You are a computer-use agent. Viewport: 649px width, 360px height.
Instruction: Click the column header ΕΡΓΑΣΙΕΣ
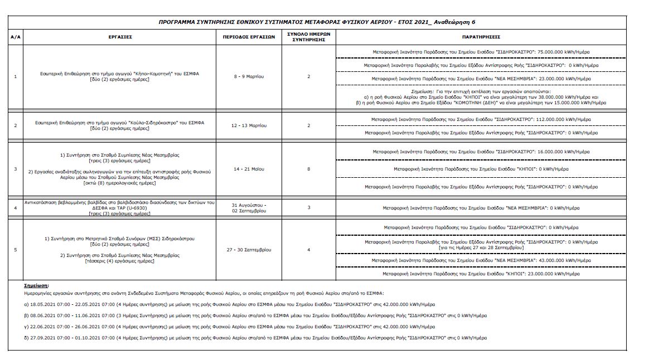click(x=120, y=37)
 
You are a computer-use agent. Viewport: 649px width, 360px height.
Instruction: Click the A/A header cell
click(x=16, y=37)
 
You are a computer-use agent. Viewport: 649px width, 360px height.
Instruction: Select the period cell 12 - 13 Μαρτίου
click(x=249, y=125)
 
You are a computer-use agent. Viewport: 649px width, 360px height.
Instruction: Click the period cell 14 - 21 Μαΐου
click(x=249, y=168)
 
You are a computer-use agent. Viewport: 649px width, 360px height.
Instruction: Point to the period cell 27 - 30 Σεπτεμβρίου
click(x=249, y=250)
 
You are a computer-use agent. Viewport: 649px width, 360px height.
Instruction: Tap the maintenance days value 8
click(x=308, y=168)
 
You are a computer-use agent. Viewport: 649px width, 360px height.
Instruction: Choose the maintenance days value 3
click(x=308, y=207)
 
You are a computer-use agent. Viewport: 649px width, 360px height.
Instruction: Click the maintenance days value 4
click(x=308, y=250)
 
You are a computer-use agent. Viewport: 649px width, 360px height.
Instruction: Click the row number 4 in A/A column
click(x=16, y=208)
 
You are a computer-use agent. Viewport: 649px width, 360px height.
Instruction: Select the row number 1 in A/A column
click(x=16, y=76)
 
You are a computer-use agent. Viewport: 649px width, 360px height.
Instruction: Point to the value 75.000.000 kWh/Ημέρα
click(x=564, y=52)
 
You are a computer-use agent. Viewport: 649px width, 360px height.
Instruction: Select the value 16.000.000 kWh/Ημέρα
click(x=564, y=152)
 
